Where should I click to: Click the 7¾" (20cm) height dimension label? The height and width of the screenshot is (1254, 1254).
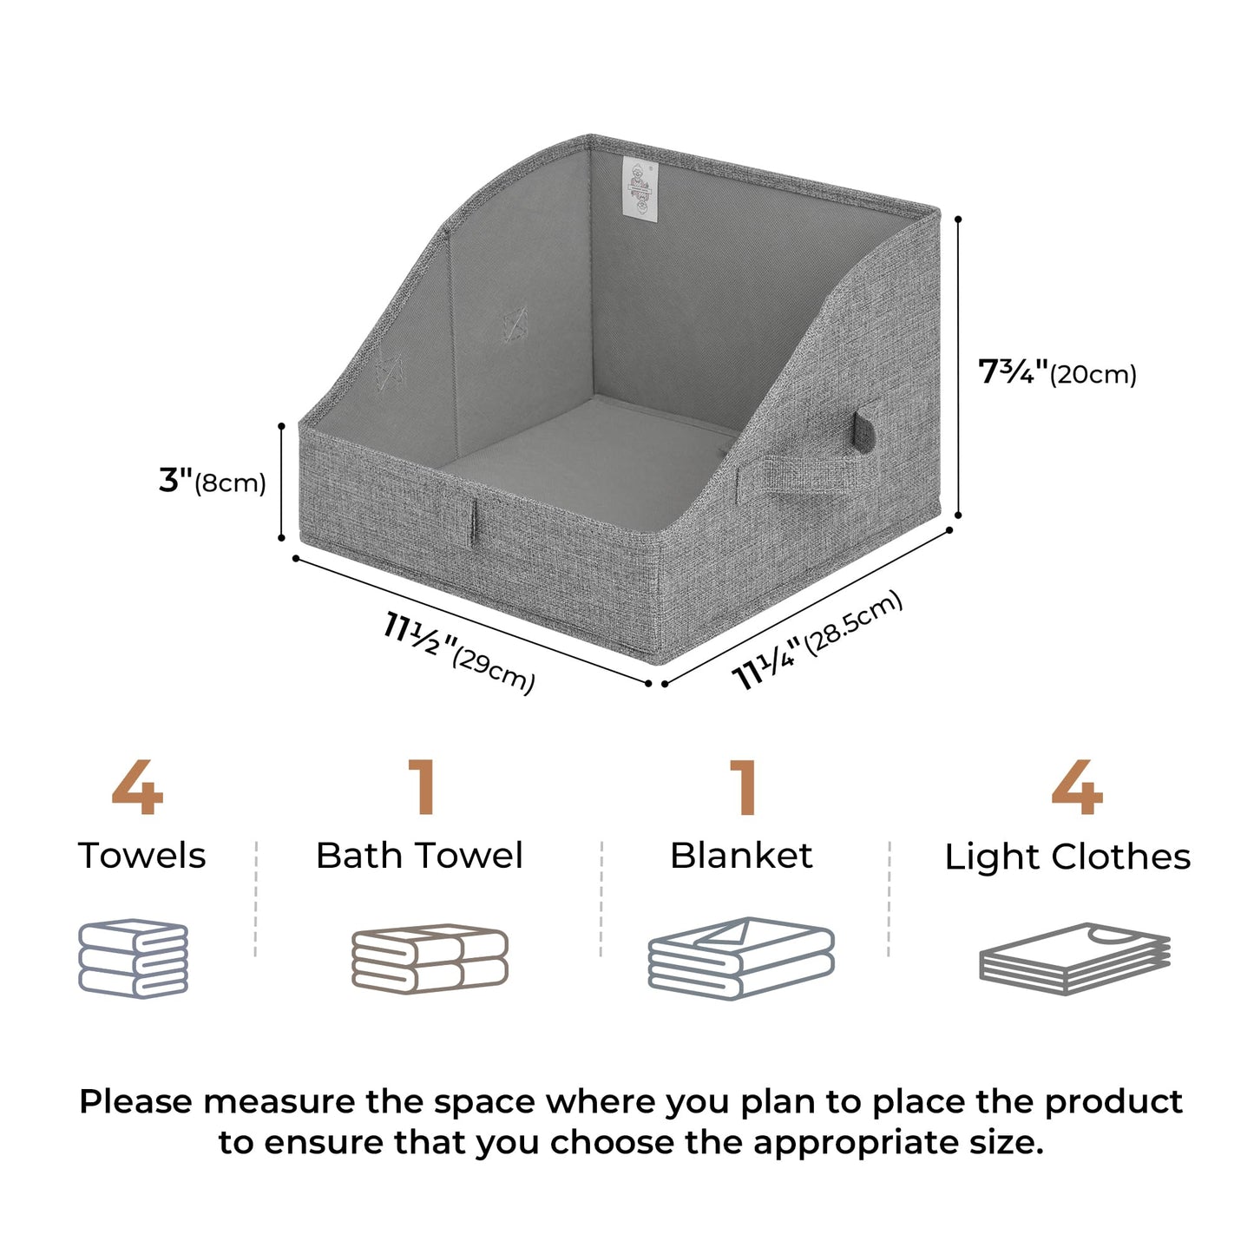[1056, 373]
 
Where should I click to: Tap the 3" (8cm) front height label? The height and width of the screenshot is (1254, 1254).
[212, 481]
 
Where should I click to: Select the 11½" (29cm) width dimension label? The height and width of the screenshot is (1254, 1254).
[459, 652]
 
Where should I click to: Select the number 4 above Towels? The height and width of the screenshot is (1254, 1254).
[137, 788]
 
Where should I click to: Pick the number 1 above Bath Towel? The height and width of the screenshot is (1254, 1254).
[423, 788]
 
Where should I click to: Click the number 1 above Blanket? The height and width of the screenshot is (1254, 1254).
[744, 788]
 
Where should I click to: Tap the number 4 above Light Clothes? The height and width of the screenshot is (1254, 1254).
[1076, 788]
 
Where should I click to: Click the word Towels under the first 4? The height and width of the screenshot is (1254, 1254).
[142, 856]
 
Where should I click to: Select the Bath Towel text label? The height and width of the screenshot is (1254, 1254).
[419, 856]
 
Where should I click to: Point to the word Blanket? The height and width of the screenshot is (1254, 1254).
[741, 856]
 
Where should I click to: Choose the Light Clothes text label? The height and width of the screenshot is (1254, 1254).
[1067, 857]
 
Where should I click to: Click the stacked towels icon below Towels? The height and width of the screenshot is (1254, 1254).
[134, 958]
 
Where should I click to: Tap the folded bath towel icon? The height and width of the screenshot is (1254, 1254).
[430, 958]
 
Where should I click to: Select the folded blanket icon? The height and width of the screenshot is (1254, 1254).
[741, 958]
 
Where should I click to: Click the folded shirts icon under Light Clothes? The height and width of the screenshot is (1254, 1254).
[1074, 958]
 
